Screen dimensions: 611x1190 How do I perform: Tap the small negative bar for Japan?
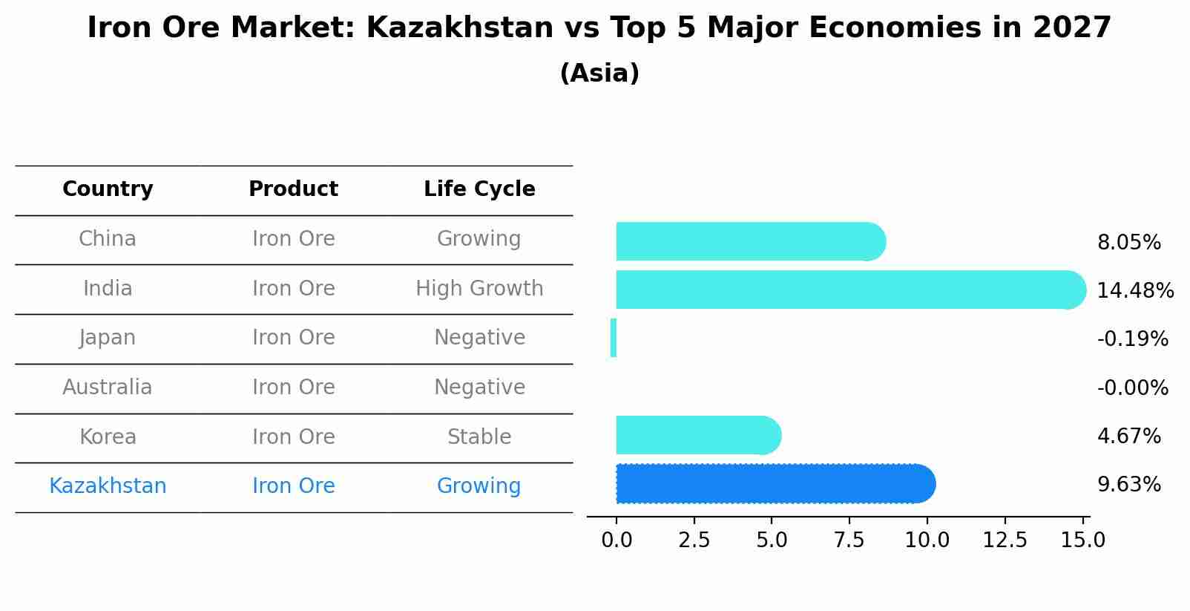coord(614,338)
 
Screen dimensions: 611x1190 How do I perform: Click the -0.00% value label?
coord(1132,388)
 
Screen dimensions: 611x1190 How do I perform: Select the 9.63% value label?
coord(1128,485)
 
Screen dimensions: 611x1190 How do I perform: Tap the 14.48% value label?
coord(1135,290)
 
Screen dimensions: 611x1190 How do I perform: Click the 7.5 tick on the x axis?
coord(849,540)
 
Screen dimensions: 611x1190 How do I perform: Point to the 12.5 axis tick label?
coord(1005,540)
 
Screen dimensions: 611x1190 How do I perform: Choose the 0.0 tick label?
coord(617,540)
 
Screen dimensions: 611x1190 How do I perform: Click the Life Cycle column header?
coord(479,189)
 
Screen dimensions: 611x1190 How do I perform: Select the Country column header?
coord(108,189)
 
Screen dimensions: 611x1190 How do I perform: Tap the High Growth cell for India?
coord(479,288)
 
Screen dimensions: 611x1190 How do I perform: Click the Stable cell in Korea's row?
coord(479,437)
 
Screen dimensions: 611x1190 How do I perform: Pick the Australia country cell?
coord(108,387)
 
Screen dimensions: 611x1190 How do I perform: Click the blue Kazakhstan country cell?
coord(108,486)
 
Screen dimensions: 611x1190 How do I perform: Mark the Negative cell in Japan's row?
coord(479,338)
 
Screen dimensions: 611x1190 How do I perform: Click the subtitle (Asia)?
coord(599,73)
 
